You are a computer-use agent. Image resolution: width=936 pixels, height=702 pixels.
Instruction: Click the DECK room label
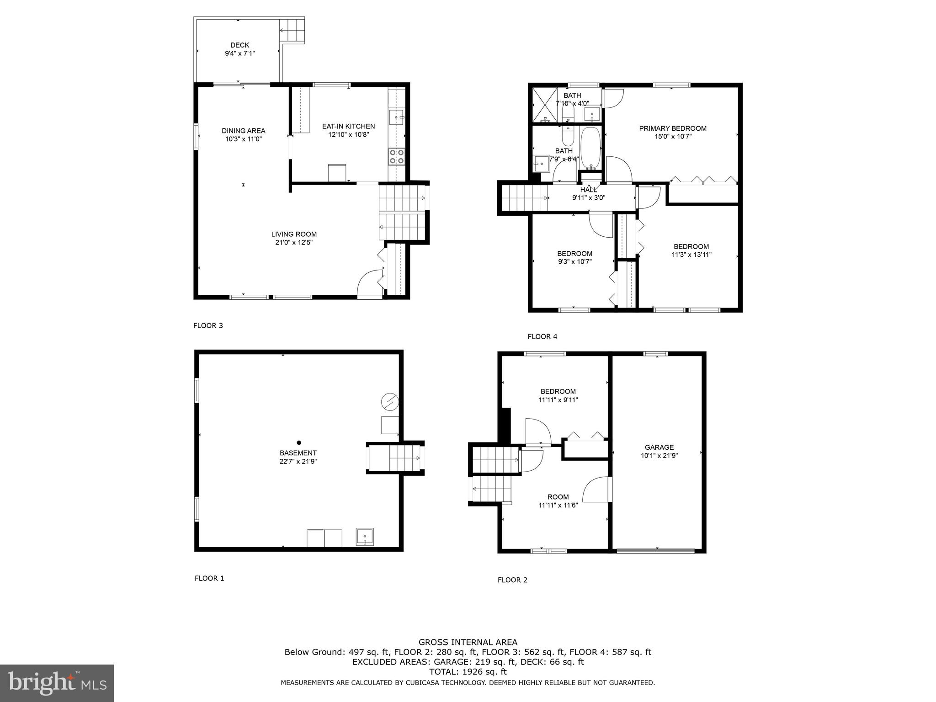coord(239,45)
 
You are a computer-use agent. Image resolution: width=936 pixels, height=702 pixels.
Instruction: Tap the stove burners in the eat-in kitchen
coord(396,156)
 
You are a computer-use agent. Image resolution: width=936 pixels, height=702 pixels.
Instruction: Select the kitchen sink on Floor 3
coord(396,117)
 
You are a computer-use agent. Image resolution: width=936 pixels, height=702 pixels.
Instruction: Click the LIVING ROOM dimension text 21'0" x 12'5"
coord(293,242)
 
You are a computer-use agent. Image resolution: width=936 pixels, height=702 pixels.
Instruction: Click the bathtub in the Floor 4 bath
coord(590,147)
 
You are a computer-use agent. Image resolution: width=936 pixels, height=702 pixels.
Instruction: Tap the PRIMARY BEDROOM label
coord(672,128)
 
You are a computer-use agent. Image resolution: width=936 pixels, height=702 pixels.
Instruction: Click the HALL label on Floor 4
coord(588,190)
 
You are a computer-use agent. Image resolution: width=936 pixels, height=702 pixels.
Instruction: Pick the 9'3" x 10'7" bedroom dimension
coord(574,262)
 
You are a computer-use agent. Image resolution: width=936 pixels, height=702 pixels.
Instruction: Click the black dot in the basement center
coord(299,442)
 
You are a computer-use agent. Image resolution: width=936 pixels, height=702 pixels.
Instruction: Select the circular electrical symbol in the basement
coord(390,402)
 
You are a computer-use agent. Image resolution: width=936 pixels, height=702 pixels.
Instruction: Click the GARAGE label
coord(659,447)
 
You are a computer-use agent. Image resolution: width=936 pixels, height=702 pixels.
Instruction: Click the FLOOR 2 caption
coord(512,580)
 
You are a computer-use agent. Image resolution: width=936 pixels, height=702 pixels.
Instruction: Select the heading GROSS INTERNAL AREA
coord(468,642)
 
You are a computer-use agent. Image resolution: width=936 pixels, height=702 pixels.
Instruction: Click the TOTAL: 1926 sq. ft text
coord(468,672)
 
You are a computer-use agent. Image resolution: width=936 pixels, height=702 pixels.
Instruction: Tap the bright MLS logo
coord(57,683)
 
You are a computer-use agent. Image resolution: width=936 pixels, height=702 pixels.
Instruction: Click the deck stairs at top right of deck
coord(292,31)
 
